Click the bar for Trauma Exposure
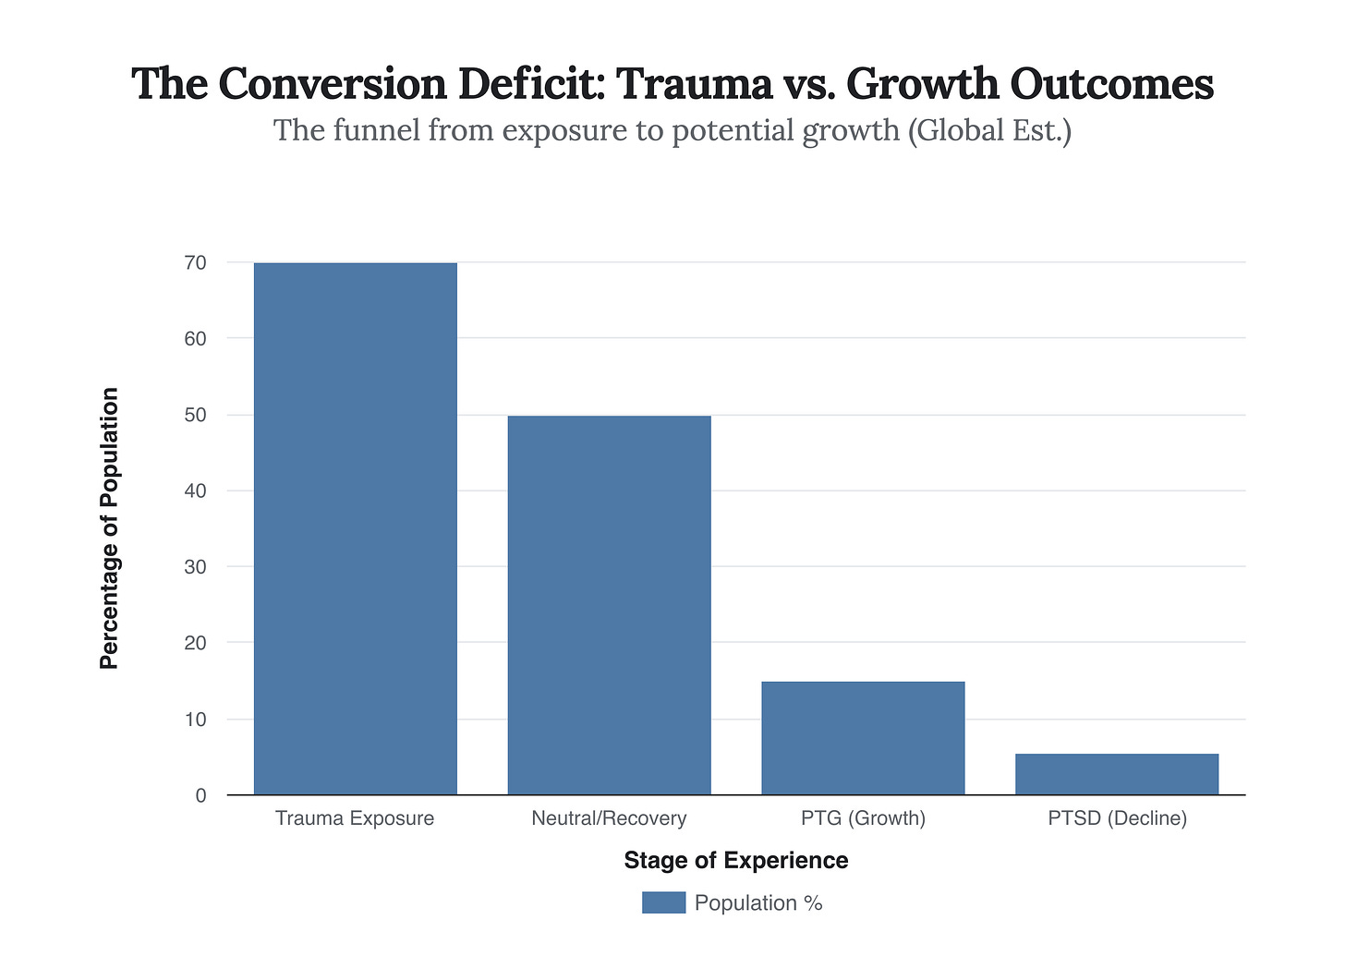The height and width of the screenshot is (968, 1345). pos(355,528)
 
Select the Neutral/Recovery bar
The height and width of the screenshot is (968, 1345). pos(609,605)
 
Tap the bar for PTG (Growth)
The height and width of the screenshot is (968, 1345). pos(863,738)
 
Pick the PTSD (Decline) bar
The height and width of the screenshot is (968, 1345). pos(1117,774)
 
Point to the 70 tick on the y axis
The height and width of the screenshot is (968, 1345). pos(195,263)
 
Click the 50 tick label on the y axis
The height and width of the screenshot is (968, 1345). pos(195,416)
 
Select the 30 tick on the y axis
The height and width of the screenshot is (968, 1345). pos(195,567)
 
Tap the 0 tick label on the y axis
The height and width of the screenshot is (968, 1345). pos(200,795)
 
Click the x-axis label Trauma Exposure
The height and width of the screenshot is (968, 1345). pos(355,818)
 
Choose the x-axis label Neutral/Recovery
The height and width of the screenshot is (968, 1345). pos(609,818)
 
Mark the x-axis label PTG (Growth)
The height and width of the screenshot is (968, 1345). pos(863,818)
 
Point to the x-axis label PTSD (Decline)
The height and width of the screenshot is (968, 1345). pos(1117,818)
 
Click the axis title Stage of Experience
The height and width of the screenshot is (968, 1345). pos(736,861)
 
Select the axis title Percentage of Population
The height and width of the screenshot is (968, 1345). pos(110,528)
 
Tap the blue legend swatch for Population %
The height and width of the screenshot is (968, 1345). pos(663,902)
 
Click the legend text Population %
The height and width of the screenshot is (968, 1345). pos(758,903)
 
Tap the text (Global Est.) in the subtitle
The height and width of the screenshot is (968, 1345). pos(989,130)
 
